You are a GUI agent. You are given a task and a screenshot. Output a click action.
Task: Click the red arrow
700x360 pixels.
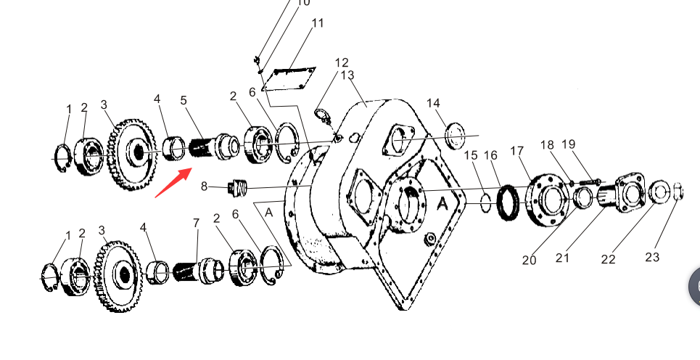(173, 182)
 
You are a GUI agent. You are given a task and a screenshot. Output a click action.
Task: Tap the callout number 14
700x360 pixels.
(433, 103)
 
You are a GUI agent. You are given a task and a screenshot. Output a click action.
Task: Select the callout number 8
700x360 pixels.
(204, 187)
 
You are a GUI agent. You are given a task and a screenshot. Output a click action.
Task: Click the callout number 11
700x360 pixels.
(317, 23)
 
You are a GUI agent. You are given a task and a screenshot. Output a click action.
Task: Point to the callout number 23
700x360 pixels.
(652, 257)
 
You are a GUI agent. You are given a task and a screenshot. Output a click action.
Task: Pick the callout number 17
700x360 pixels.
(516, 152)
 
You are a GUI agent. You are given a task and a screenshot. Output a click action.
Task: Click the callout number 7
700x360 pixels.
(197, 223)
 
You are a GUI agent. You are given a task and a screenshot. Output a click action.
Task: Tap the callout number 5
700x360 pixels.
(184, 100)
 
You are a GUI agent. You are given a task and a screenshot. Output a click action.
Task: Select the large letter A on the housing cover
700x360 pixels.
(442, 204)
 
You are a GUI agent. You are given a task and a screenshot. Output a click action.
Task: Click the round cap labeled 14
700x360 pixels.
(456, 135)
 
